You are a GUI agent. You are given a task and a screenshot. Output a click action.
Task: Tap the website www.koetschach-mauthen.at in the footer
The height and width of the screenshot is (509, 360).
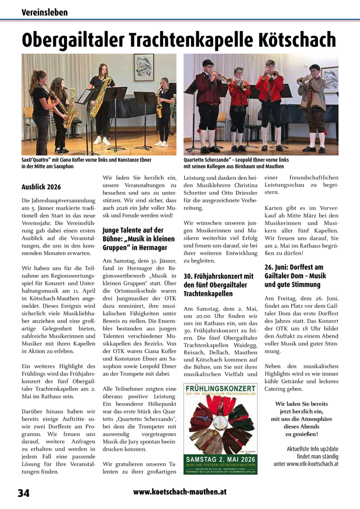[x=180, y=492]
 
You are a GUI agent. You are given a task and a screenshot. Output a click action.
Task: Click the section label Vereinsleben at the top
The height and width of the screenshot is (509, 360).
[x=45, y=12]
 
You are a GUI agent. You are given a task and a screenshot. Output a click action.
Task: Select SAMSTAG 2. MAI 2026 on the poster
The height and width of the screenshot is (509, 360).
[x=221, y=457]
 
